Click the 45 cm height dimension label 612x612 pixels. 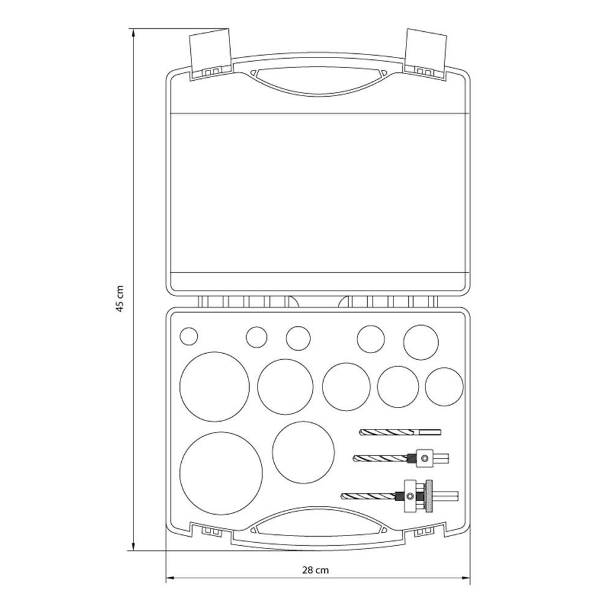(120, 299)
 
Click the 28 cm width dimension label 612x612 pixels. (315, 570)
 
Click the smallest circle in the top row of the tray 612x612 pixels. (188, 336)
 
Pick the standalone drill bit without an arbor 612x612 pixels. (400, 432)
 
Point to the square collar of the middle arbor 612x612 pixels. (424, 458)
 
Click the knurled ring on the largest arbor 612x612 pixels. (430, 496)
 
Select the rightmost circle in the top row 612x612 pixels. (421, 342)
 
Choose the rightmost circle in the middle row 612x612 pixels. (444, 387)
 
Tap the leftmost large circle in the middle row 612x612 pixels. (214, 386)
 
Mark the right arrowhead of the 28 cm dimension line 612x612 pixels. (466, 578)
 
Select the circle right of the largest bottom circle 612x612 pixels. (304, 452)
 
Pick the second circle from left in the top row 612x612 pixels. (256, 337)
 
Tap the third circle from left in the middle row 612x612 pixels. (346, 386)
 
